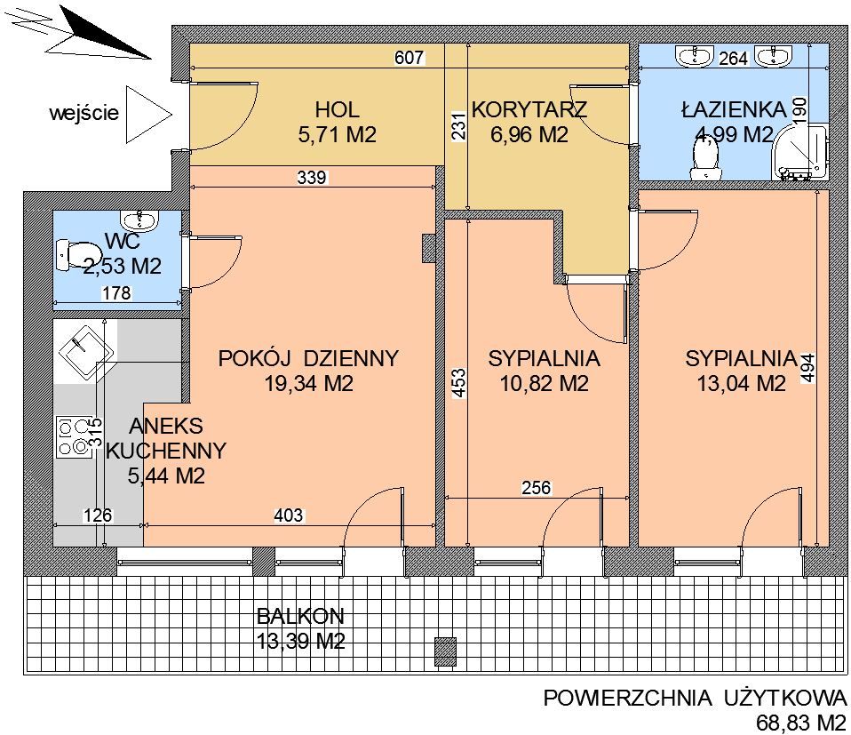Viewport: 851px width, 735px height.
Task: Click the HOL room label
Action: click(x=337, y=109)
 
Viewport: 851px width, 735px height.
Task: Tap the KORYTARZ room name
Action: click(x=529, y=109)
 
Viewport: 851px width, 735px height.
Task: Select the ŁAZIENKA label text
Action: click(x=734, y=109)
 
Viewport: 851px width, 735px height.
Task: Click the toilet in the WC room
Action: click(x=79, y=255)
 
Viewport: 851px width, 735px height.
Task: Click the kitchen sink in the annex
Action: click(x=86, y=348)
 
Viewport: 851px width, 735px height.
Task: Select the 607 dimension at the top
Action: click(x=409, y=58)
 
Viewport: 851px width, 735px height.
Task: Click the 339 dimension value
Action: click(x=312, y=178)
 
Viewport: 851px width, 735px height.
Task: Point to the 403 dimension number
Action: click(x=288, y=515)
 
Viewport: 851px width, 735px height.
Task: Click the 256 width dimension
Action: click(x=537, y=487)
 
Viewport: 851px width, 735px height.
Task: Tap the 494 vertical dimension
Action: click(x=808, y=369)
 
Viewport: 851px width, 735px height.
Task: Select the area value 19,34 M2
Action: click(x=308, y=384)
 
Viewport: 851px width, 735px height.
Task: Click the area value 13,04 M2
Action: click(x=741, y=384)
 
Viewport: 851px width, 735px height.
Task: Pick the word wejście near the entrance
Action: click(x=84, y=114)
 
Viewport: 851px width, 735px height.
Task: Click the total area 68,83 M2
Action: click(x=801, y=722)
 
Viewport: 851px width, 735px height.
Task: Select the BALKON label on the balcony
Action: click(x=300, y=616)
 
